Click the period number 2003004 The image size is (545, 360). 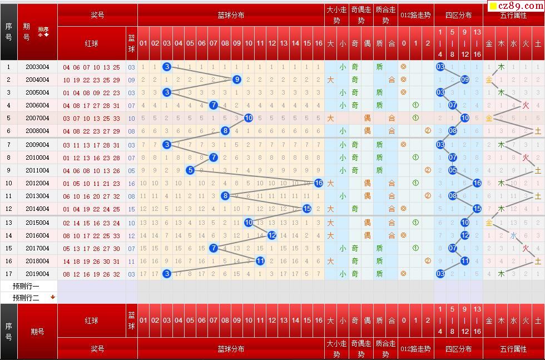point(37,67)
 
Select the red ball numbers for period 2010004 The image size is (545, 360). point(91,158)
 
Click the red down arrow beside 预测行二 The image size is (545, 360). point(53,297)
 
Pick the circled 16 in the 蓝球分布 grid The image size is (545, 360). point(319,183)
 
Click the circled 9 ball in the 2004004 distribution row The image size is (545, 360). point(237,80)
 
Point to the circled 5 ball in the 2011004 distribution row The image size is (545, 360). point(190,170)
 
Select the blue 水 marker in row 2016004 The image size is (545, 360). point(513,235)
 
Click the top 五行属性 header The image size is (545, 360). point(513,16)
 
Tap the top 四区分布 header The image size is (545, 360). point(458,16)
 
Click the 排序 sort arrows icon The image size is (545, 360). point(43,31)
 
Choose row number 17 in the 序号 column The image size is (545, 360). point(8,274)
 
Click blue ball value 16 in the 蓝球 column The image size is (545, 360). point(131,184)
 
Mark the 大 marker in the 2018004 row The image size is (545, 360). point(330,261)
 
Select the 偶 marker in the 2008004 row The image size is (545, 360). point(367,131)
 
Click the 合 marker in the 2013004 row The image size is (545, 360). point(392,196)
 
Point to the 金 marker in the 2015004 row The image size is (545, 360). point(489,223)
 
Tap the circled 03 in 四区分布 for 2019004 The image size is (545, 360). point(440,274)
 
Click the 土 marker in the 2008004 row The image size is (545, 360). point(538,131)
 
